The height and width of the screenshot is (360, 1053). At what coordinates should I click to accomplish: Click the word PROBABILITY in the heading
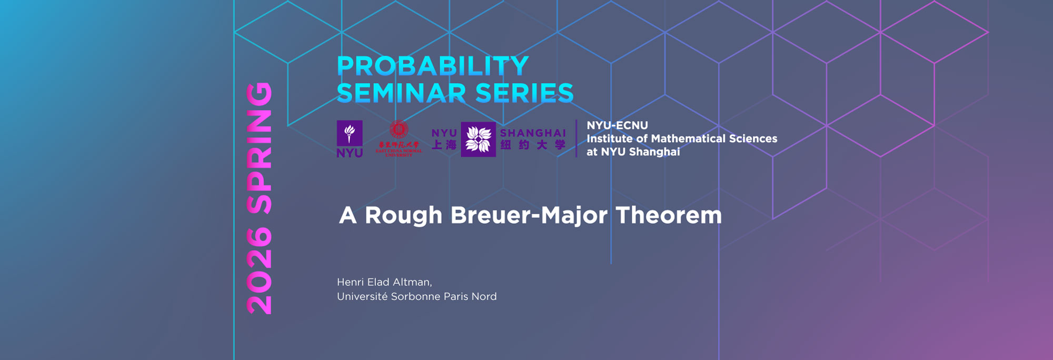coord(432,66)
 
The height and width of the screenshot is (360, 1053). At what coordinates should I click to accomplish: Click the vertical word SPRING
coord(260,147)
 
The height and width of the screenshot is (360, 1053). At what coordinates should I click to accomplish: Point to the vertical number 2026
coord(260,271)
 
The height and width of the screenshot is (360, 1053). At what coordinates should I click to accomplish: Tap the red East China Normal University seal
coord(399,129)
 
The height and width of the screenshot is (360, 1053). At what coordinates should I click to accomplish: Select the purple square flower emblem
coord(478,139)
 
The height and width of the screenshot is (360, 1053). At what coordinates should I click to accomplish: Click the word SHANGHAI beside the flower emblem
coord(533,133)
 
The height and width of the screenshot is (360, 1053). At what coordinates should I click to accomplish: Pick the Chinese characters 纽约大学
coord(533,145)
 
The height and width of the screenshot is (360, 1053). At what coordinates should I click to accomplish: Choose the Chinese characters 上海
coord(444,145)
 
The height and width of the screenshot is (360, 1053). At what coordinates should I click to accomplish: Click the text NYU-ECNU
coord(617,125)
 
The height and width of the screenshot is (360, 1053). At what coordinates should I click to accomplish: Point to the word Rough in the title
coord(403,215)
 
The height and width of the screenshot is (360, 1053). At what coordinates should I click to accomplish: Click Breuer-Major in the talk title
coord(529,215)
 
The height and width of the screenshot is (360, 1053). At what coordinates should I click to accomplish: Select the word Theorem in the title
coord(669,215)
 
